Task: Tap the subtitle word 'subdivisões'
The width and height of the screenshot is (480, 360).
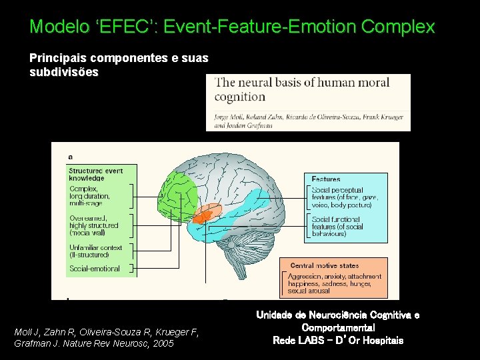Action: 64,72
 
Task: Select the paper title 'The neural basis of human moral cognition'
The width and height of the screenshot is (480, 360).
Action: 301,89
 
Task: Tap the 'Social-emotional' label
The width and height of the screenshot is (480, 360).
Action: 95,269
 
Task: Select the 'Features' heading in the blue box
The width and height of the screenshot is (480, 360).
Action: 326,179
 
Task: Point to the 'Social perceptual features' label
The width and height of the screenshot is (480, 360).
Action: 341,197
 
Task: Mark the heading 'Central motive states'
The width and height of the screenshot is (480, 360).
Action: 324,265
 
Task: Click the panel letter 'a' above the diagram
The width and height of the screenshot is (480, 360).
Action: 71,156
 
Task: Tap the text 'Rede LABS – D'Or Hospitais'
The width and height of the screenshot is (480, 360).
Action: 338,340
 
